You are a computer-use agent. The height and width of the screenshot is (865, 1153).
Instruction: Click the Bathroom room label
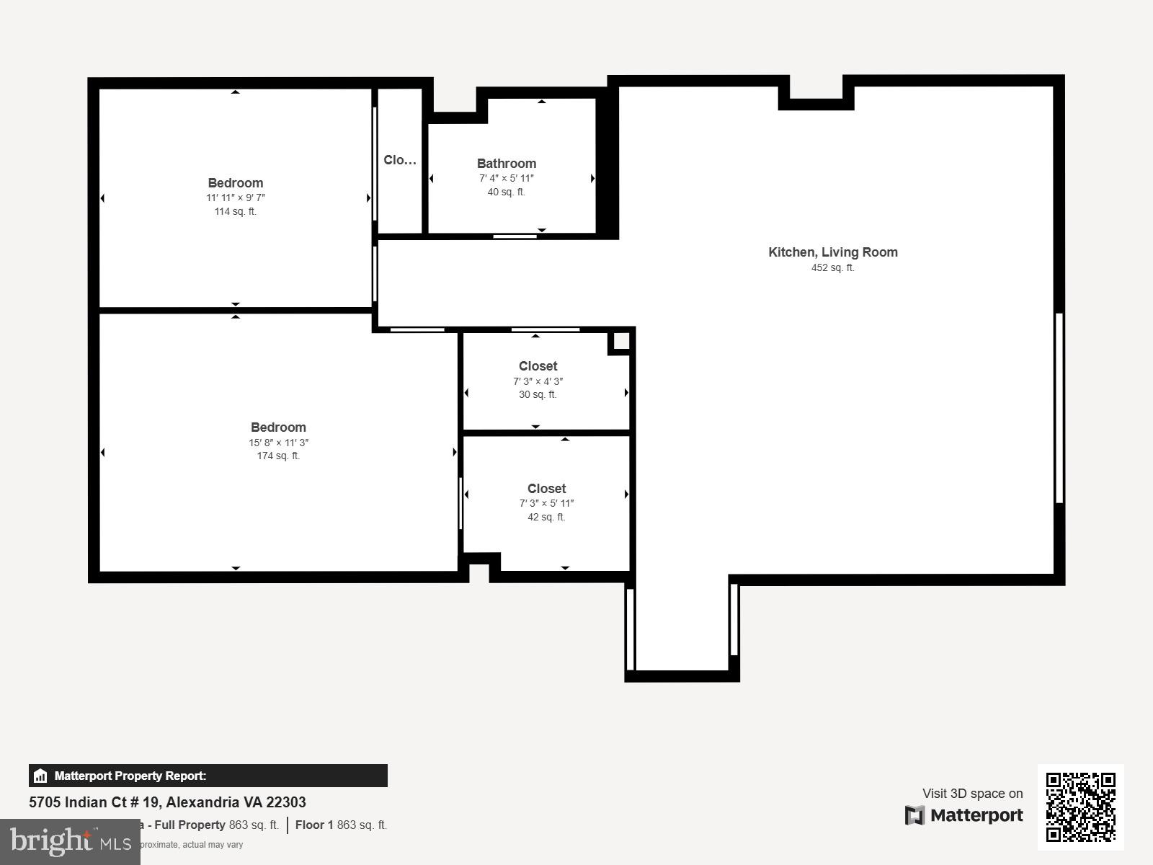click(x=506, y=164)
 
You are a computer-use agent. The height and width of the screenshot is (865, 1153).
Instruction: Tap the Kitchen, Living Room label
click(x=832, y=252)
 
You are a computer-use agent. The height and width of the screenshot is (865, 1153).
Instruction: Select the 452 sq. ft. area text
click(x=832, y=268)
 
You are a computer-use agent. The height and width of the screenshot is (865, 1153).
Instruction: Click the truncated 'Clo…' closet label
click(x=399, y=160)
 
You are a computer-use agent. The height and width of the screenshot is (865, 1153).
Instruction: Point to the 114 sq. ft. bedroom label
click(x=235, y=211)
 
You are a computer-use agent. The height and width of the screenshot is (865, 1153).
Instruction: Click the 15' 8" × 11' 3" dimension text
click(x=278, y=443)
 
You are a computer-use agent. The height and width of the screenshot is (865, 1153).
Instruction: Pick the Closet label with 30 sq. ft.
click(x=538, y=366)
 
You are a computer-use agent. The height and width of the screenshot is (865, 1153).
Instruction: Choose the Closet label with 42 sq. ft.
click(x=546, y=489)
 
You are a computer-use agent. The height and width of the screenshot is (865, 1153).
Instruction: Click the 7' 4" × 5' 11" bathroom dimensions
click(x=506, y=178)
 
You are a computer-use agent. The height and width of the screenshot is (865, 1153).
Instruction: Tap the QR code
click(x=1080, y=807)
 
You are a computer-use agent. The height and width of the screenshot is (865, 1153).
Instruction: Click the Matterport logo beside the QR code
click(x=963, y=815)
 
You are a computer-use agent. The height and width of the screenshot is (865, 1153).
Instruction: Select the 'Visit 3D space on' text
click(x=972, y=793)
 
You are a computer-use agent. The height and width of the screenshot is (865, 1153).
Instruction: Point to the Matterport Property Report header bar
click(x=208, y=776)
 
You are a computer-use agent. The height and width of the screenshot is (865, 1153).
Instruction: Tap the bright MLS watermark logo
click(x=70, y=841)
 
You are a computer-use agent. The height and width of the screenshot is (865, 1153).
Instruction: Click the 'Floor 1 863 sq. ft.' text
click(x=341, y=825)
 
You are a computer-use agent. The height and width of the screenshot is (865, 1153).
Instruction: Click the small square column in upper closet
click(x=620, y=341)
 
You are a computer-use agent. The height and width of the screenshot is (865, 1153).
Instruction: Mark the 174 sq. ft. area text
click(x=278, y=456)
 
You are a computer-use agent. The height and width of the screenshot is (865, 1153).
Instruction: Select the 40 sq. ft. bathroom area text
click(x=506, y=192)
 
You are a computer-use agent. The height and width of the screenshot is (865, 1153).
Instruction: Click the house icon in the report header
click(x=40, y=776)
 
